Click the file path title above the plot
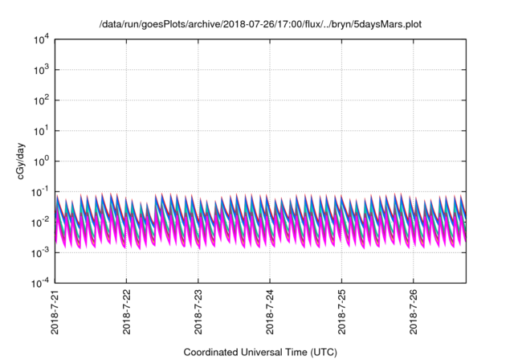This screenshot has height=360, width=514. [x=259, y=24]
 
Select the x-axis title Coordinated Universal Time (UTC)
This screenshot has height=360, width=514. [x=260, y=352]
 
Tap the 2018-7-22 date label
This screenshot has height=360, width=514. [x=127, y=312]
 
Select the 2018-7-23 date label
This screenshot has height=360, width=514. [x=198, y=312]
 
